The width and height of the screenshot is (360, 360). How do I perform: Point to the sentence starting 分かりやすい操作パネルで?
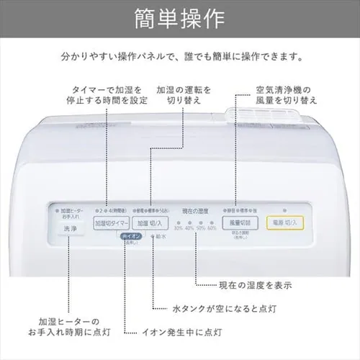[179, 56]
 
